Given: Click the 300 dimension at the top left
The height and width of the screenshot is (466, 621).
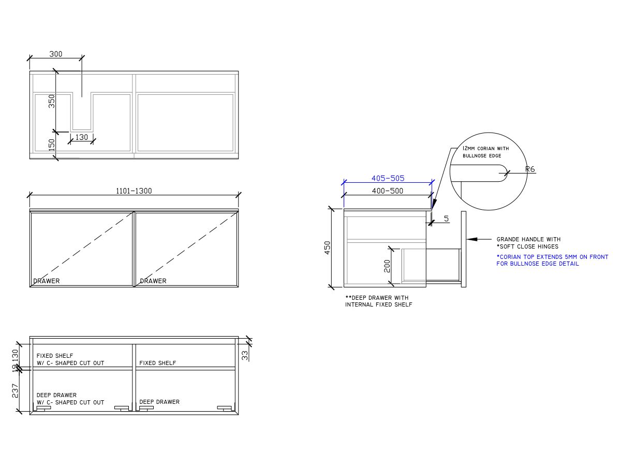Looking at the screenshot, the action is (56, 54).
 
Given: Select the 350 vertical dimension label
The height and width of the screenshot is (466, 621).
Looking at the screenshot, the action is (52, 101).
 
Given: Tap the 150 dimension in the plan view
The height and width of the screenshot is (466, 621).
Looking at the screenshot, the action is (52, 145).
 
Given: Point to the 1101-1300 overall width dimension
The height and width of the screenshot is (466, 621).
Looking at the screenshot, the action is (134, 191).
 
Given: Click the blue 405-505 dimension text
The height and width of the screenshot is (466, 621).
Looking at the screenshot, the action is (388, 178).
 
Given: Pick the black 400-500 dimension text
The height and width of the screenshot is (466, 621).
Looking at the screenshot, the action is (387, 191).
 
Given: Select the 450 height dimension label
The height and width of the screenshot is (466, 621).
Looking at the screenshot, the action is (328, 247).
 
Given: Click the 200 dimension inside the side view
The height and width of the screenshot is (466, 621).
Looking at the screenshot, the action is (387, 266).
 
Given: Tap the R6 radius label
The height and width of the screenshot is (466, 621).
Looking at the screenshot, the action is (530, 169).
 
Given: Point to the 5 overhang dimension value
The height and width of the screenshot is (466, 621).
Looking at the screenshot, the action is (446, 219).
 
